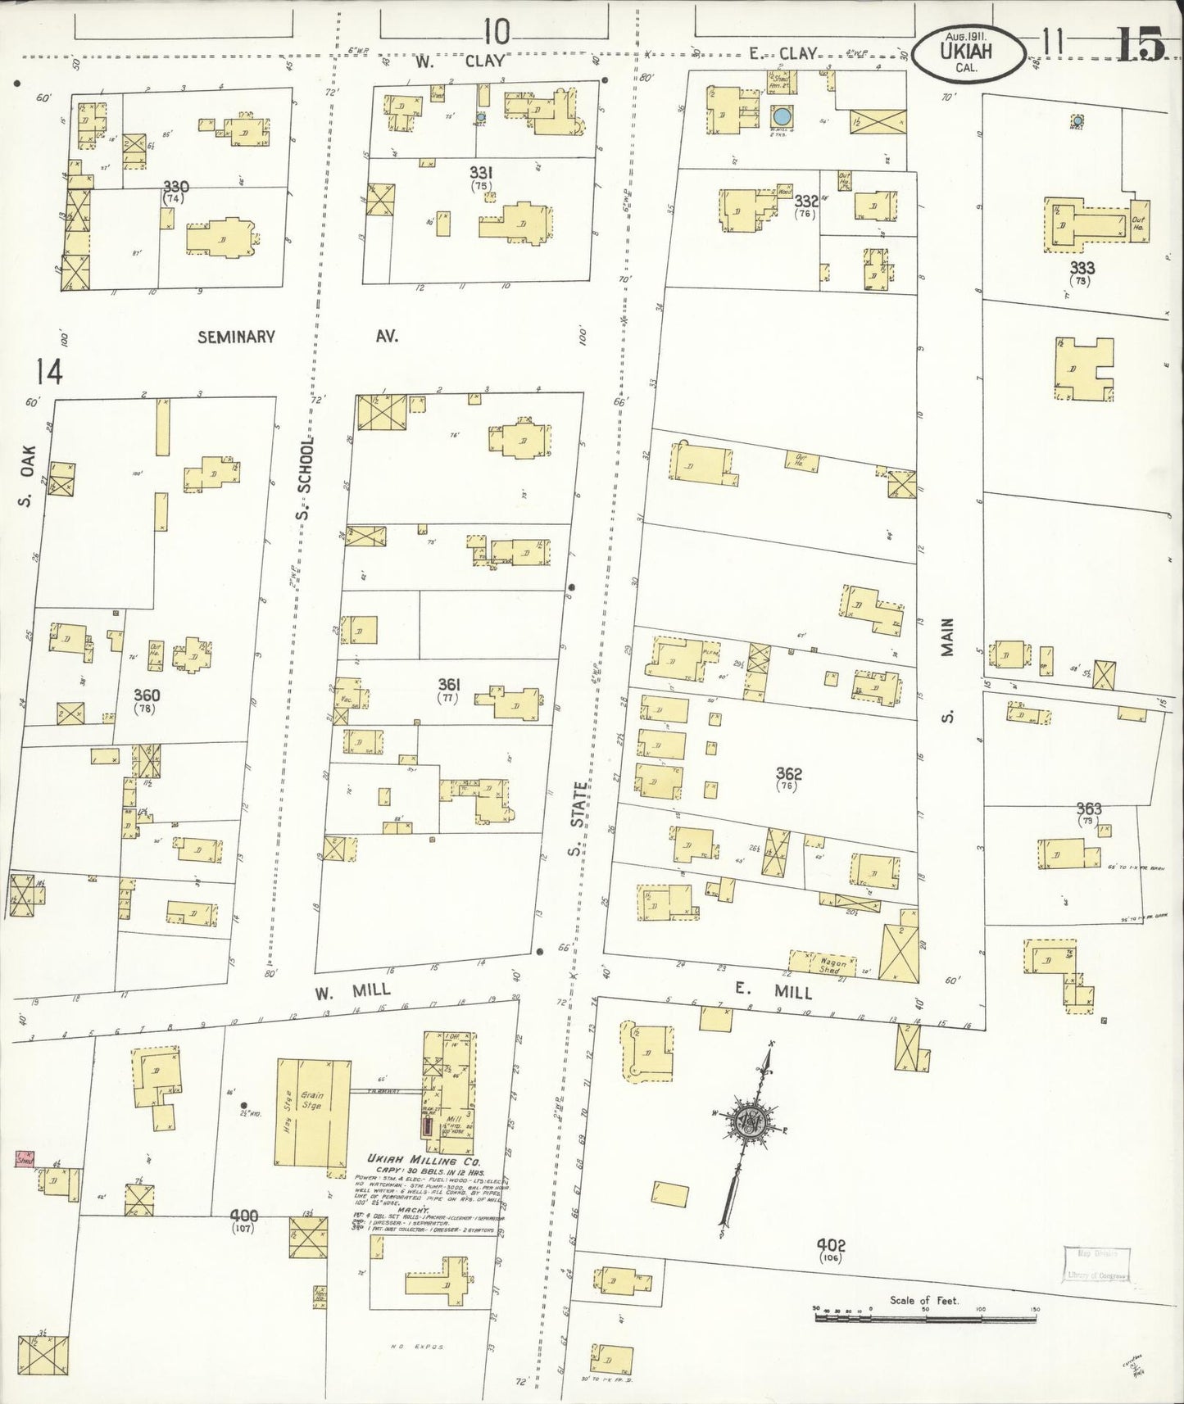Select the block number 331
click(x=480, y=172)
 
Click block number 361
click(x=448, y=684)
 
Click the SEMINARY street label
click(x=236, y=337)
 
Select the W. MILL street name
click(x=352, y=990)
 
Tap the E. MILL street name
click(x=772, y=991)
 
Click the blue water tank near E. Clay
click(x=783, y=115)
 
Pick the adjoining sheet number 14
click(x=48, y=373)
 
